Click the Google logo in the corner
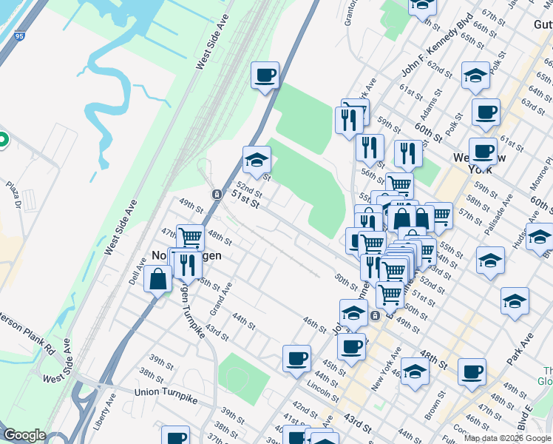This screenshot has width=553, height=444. point(25,434)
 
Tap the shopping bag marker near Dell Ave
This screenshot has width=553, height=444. point(158,280)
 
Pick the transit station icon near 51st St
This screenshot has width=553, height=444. point(217,194)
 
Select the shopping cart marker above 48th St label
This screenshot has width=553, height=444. point(191,237)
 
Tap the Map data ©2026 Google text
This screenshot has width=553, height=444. point(506,438)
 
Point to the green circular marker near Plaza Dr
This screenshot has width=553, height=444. point(2,139)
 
